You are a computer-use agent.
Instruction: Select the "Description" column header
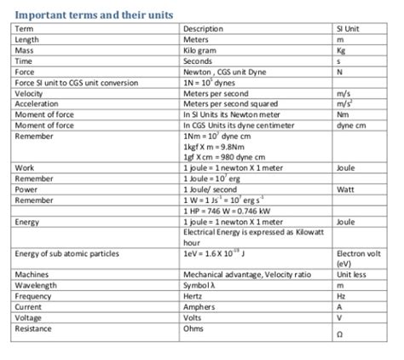(x=203, y=29)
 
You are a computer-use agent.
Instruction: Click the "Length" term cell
(x=26, y=39)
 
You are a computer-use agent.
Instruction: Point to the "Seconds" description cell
(x=198, y=61)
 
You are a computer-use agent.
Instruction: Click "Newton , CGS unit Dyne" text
(x=222, y=73)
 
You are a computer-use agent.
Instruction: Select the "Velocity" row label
(x=29, y=94)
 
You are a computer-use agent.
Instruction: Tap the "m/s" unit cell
(x=343, y=94)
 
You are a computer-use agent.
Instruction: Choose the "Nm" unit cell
(x=342, y=114)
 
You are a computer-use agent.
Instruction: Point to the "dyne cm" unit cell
(x=351, y=125)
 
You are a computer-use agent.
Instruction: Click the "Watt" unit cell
(x=345, y=189)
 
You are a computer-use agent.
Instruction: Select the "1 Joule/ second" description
(x=211, y=189)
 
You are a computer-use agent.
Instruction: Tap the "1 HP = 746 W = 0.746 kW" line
(x=224, y=211)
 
